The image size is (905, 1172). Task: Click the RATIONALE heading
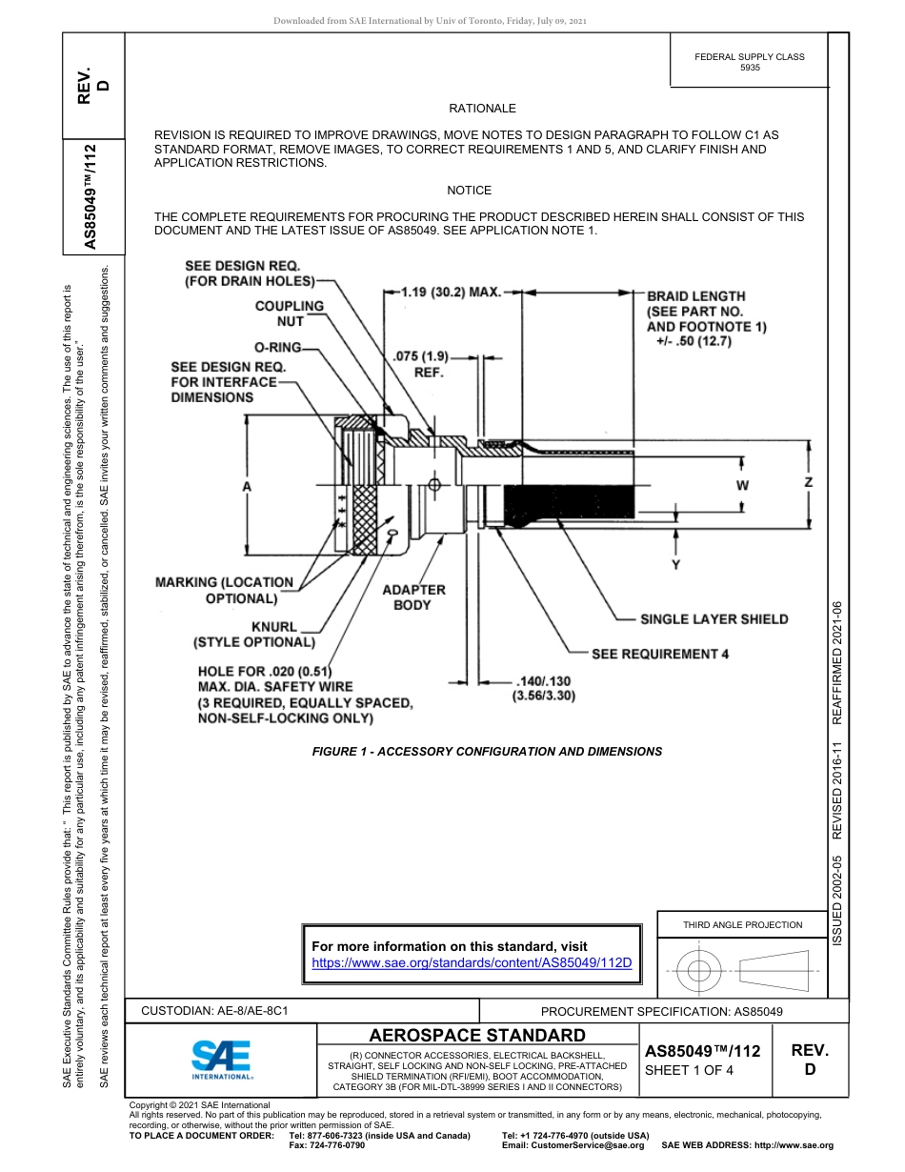click(x=482, y=110)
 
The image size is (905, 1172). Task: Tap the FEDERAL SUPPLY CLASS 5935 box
click(x=749, y=62)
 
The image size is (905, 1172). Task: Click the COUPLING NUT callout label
click(x=290, y=313)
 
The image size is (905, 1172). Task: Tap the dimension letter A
click(x=247, y=487)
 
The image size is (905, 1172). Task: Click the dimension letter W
click(x=743, y=486)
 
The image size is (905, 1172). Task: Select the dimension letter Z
click(x=809, y=483)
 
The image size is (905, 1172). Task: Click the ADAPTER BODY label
click(x=413, y=597)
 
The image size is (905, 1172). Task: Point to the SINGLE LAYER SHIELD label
click(x=714, y=619)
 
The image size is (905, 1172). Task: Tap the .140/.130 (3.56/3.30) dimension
click(x=543, y=689)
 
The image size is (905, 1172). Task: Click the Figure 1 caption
click(x=487, y=752)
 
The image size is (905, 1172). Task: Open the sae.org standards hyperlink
click(x=473, y=962)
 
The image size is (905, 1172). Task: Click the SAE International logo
click(x=221, y=1058)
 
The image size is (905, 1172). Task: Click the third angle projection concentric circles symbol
click(x=699, y=971)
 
